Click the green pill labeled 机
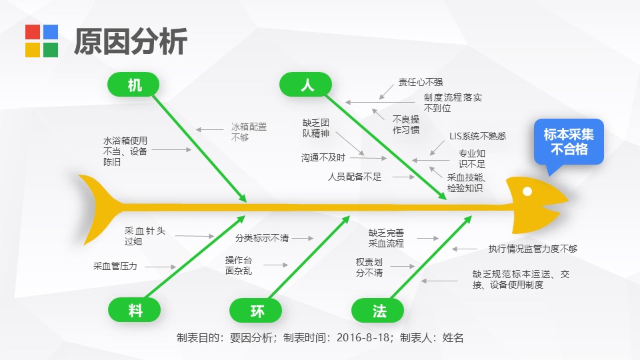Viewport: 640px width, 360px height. pos(133,85)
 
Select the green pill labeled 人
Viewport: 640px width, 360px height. pos(305,85)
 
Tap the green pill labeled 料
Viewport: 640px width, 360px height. pos(134,310)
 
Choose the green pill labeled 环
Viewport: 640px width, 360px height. pos(256,310)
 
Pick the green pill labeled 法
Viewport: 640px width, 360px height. pos(377,310)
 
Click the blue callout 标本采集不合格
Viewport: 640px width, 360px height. pos(569,141)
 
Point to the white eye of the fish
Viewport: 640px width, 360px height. pos(527,191)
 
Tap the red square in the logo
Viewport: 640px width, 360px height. pos(33,32)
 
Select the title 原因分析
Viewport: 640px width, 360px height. pos(131,41)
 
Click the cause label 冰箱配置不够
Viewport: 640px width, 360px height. pos(249,132)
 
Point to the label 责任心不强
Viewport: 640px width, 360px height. pos(421,82)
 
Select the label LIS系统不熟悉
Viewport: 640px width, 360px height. pos(477,136)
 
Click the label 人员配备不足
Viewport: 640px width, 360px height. pos(354,177)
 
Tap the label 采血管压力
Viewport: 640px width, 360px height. pos(115,266)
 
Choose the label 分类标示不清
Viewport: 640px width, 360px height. pos(261,237)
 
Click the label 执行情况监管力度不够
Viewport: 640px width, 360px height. pos(533,249)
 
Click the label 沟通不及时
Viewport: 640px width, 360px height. pos(323,157)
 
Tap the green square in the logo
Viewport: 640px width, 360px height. pos(51,50)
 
